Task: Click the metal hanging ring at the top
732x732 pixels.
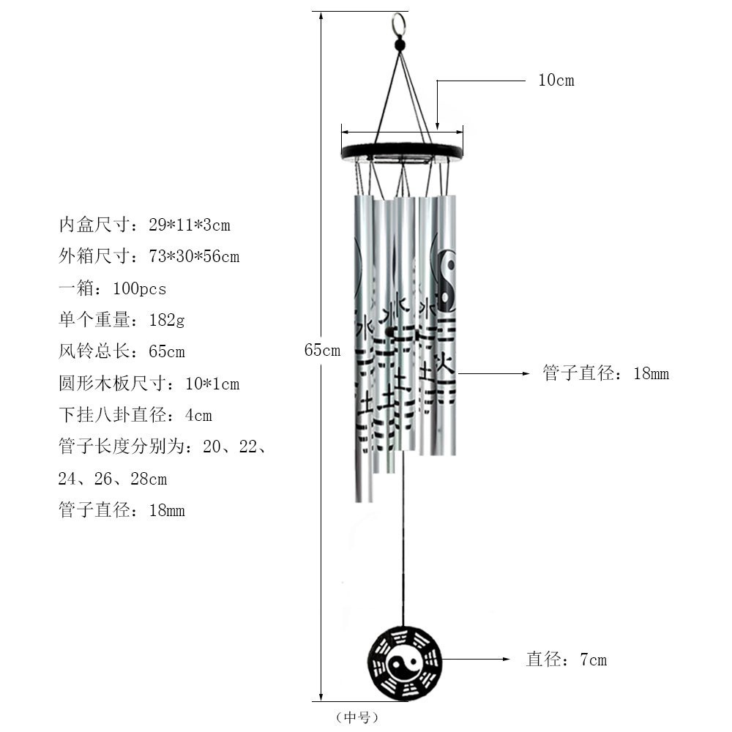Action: click(x=398, y=23)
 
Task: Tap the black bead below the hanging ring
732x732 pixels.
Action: click(x=400, y=45)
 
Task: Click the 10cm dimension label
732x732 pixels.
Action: click(x=556, y=81)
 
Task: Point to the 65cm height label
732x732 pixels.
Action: click(x=322, y=351)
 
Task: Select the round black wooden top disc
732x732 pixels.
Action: click(x=403, y=152)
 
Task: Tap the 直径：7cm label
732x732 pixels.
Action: click(x=567, y=660)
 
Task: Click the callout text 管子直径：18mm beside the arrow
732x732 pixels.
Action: click(x=606, y=374)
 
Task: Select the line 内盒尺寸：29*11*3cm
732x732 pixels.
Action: click(x=144, y=225)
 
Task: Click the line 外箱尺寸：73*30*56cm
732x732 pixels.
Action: click(x=149, y=257)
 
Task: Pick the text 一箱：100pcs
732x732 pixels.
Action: click(x=112, y=289)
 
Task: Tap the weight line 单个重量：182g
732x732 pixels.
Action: click(x=121, y=321)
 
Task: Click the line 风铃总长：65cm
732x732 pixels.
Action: click(x=122, y=352)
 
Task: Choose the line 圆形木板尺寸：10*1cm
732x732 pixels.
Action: click(x=149, y=384)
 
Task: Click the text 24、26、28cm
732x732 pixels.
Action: click(x=113, y=479)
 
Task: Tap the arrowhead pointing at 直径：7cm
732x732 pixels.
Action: click(x=506, y=660)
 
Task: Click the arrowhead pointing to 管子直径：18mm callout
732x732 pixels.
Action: click(x=524, y=373)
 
